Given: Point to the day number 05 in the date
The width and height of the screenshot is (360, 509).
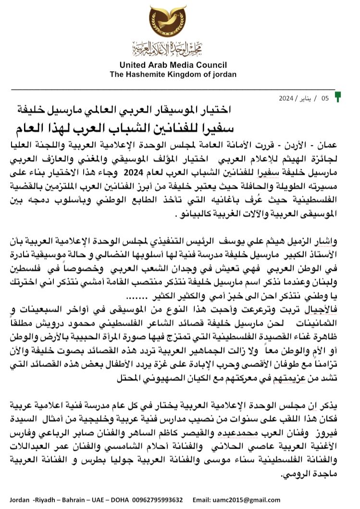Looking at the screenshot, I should point(325,98).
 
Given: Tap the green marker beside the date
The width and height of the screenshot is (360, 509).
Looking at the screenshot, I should point(338,97).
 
